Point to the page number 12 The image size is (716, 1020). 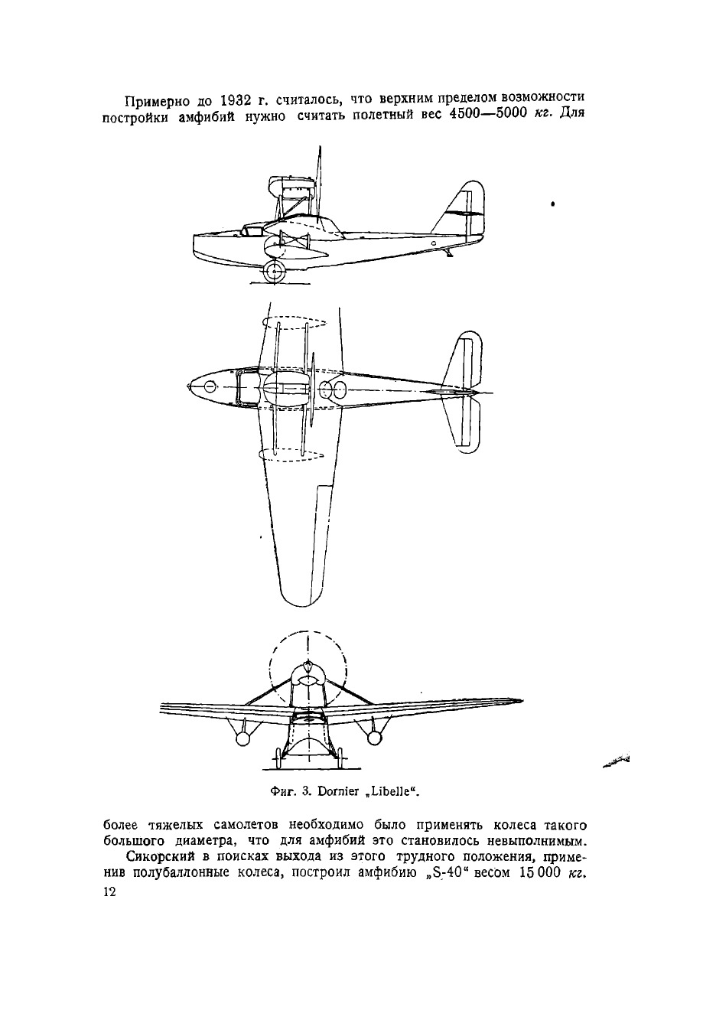108,895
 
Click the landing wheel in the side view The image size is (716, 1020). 274,269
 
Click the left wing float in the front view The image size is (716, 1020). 242,738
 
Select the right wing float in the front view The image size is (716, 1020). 373,737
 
